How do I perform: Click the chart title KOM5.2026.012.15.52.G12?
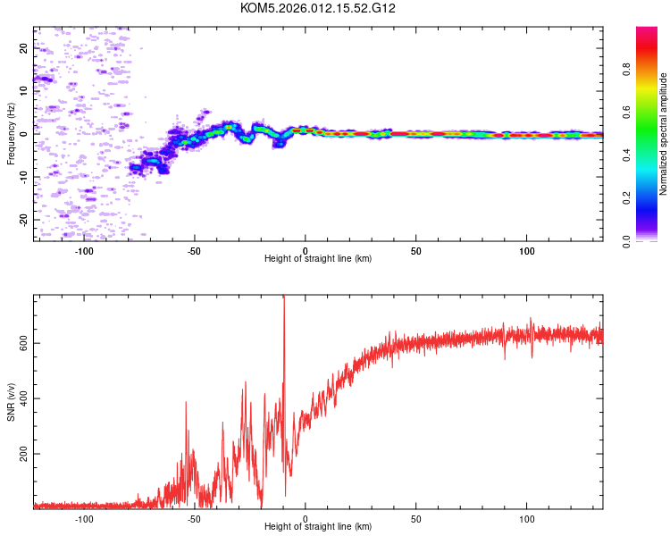318,8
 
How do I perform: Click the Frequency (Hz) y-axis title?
11,134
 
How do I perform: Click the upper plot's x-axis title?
318,258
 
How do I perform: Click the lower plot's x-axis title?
318,526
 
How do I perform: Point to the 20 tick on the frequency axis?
24,48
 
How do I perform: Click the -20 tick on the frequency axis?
24,220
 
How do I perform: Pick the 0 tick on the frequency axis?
24,134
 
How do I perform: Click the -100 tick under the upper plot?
84,250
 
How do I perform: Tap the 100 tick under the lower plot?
527,518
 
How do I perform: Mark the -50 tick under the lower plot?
195,518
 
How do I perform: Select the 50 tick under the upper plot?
416,250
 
